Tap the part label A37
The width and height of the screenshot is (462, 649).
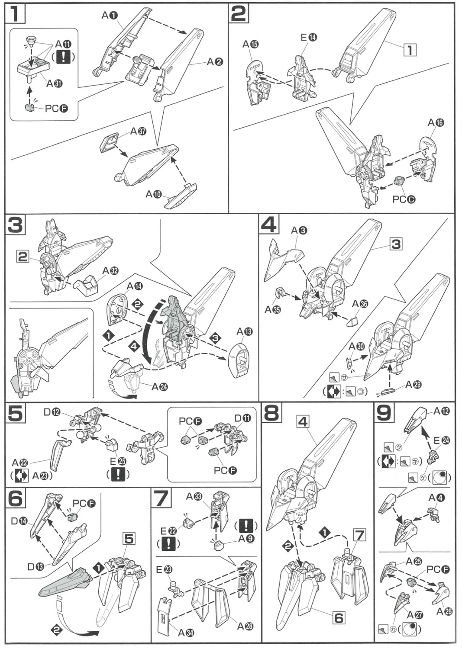[x=138, y=131]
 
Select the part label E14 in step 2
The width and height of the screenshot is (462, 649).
[x=309, y=38]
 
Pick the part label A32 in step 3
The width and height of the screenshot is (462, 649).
[x=110, y=271]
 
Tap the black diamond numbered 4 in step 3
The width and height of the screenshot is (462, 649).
[x=134, y=346]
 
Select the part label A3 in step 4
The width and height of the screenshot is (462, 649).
[x=299, y=230]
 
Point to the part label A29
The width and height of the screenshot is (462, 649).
[x=413, y=385]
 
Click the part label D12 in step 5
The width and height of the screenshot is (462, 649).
[x=52, y=412]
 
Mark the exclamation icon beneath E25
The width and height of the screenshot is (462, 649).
[x=118, y=475]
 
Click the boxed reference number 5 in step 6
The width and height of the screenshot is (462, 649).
[x=129, y=539]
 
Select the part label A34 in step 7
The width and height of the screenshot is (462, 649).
[x=186, y=633]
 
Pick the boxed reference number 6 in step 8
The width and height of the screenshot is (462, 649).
[x=338, y=617]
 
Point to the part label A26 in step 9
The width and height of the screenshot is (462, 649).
[x=444, y=611]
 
